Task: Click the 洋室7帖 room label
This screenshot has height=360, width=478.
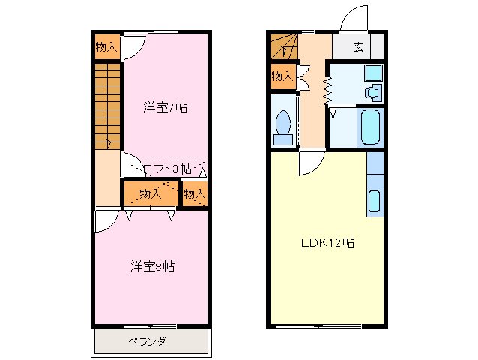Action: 165,107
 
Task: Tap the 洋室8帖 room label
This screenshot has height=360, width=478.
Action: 153,265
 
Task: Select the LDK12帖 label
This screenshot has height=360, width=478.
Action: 328,243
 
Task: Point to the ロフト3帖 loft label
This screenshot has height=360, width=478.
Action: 167,169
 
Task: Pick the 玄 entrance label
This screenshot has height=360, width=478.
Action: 358,47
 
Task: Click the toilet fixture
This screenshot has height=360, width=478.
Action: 284,127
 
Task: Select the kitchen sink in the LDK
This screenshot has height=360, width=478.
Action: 375,201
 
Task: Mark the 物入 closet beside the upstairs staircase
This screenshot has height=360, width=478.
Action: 106,46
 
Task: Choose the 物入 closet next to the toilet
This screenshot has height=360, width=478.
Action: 282,76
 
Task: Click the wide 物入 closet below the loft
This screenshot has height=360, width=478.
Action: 150,193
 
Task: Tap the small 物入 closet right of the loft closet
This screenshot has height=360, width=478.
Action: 195,194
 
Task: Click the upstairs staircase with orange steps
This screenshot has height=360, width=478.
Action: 108,105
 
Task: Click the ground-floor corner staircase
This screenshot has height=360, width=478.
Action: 284,47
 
